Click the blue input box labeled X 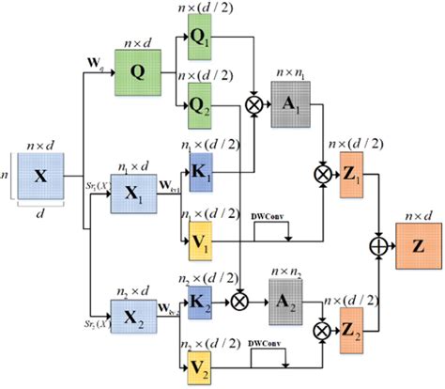[40, 176]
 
